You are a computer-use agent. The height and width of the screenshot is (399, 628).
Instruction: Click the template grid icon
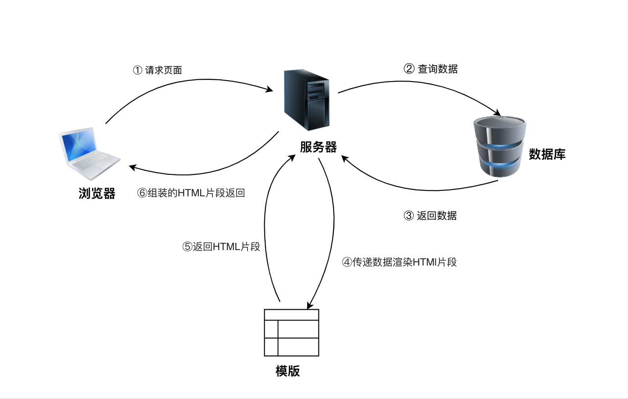tap(291, 332)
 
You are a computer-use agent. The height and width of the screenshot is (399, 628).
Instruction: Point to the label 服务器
tap(318, 147)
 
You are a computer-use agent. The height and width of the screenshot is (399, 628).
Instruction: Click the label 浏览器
tap(97, 194)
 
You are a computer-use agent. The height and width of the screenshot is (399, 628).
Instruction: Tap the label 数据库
tap(547, 154)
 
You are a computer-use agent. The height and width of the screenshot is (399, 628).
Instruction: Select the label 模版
tap(288, 371)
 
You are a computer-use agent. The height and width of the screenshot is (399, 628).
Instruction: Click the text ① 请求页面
tap(158, 70)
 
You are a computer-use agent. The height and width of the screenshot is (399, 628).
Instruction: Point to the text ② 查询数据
tap(431, 69)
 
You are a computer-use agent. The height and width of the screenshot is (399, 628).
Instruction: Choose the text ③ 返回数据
tap(430, 215)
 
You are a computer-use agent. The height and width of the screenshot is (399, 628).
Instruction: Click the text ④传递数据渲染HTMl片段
tap(399, 262)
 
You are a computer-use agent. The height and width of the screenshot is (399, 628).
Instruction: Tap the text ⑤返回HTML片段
tap(221, 246)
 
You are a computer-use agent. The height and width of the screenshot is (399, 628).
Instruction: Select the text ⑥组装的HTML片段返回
tap(191, 193)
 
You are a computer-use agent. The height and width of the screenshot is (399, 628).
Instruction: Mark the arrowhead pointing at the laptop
tap(132, 167)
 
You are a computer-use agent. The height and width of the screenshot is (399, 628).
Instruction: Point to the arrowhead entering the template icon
tap(310, 305)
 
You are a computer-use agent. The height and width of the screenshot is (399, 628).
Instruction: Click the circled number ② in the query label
tap(409, 69)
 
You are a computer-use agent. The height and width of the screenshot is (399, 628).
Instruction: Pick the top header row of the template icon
tap(291, 315)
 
